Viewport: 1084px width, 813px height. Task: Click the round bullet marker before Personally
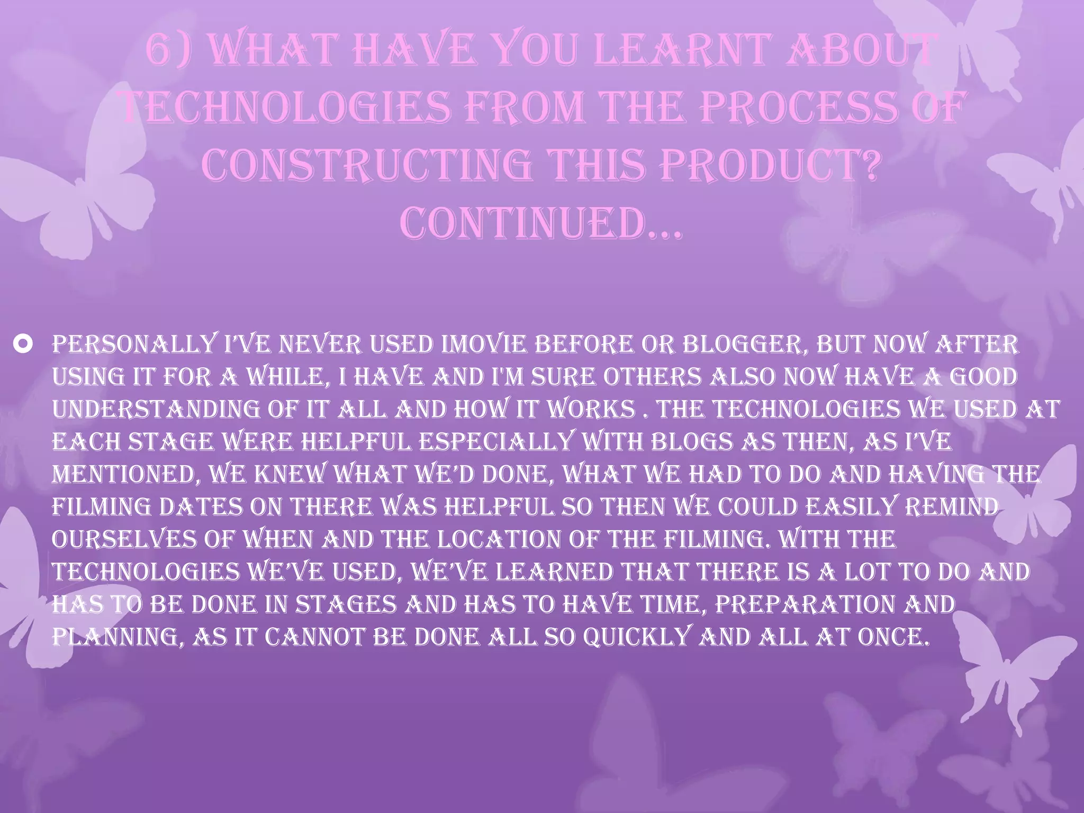click(25, 345)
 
